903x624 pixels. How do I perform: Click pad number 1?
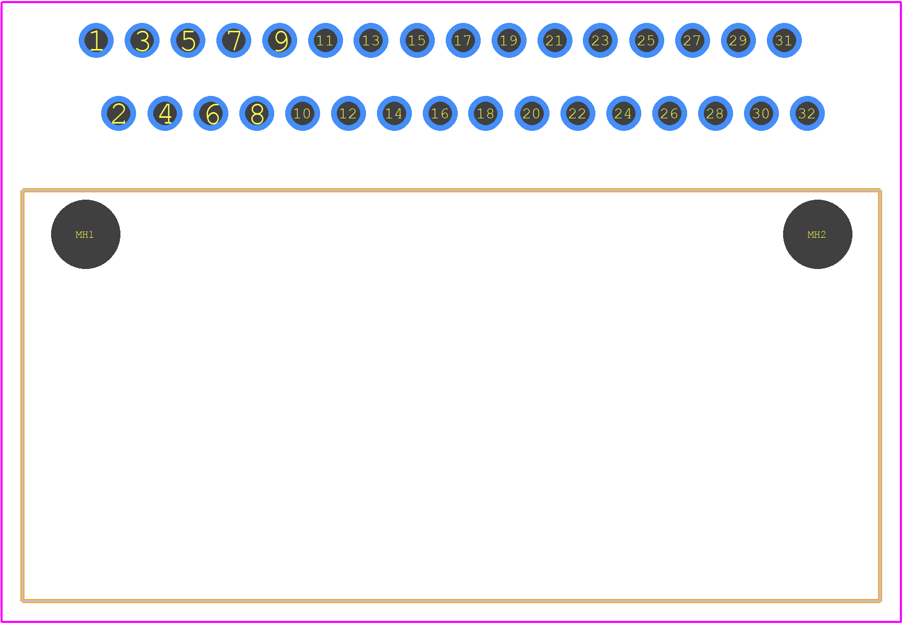[x=96, y=40]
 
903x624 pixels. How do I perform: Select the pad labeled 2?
[x=119, y=113]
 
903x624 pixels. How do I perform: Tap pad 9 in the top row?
[x=279, y=40]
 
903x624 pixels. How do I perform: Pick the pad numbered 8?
[x=257, y=113]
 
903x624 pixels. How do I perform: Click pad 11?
[x=325, y=40]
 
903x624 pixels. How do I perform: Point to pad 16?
[x=440, y=113]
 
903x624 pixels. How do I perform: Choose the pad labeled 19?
[x=509, y=40]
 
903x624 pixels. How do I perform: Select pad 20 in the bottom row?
[x=532, y=113]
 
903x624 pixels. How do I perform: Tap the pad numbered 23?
[x=601, y=40]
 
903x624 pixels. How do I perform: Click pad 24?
[x=624, y=113]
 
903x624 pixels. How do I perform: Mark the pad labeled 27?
[x=692, y=40]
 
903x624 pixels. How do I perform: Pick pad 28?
[x=715, y=113]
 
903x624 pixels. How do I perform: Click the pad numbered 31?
[x=784, y=40]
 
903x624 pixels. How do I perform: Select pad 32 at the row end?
[x=807, y=113]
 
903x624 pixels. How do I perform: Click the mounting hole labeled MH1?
[x=86, y=234]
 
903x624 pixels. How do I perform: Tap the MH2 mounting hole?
[x=817, y=234]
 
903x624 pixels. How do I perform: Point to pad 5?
[x=188, y=40]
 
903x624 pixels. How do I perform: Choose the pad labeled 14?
[x=394, y=113]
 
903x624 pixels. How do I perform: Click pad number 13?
[x=371, y=40]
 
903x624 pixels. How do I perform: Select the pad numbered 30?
[x=761, y=113]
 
